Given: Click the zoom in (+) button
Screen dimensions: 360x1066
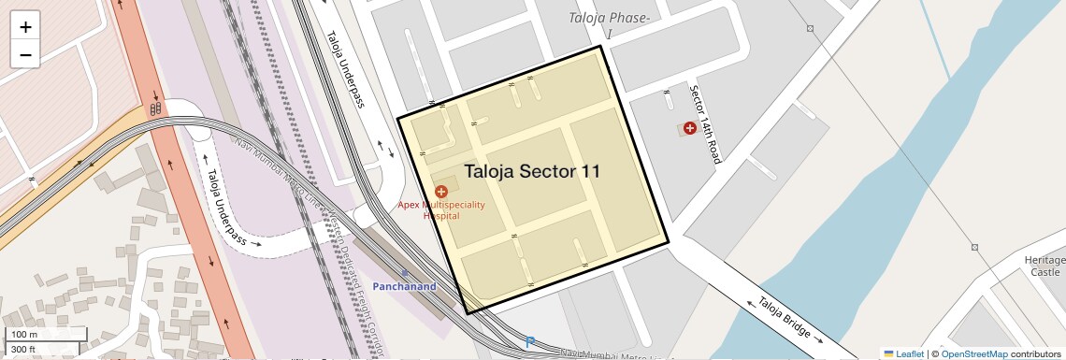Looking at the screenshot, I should pyautogui.click(x=25, y=26).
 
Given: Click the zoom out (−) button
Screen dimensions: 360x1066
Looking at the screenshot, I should pyautogui.click(x=25, y=54).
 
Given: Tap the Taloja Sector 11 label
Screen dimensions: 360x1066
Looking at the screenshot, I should pyautogui.click(x=531, y=171).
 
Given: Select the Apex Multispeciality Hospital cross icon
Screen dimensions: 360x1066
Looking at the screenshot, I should pyautogui.click(x=441, y=191).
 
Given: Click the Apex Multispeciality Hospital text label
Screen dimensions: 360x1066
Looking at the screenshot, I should pyautogui.click(x=441, y=209).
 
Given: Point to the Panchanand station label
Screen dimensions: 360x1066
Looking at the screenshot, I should pyautogui.click(x=405, y=286).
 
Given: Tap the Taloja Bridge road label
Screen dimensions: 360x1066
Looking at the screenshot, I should pyautogui.click(x=785, y=321).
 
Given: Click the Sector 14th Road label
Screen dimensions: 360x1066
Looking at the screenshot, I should pyautogui.click(x=704, y=123).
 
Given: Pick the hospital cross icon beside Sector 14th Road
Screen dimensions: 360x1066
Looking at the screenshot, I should pyautogui.click(x=690, y=127).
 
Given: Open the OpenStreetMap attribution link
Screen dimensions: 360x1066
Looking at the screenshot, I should pyautogui.click(x=974, y=353).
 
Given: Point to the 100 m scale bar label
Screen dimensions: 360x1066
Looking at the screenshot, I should pyautogui.click(x=24, y=335).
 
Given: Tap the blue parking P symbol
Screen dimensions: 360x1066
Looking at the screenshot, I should pyautogui.click(x=530, y=343).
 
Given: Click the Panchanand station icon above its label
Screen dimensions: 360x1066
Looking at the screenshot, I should pyautogui.click(x=405, y=274).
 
